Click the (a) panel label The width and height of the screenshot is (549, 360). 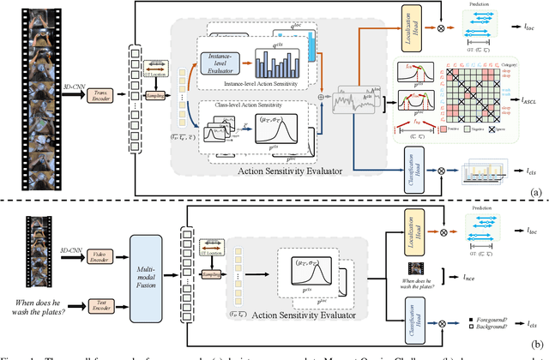(537, 193)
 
